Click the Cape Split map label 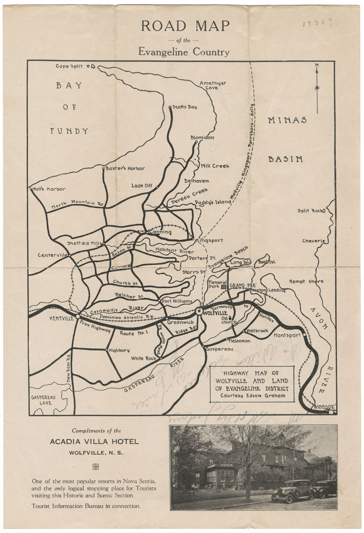pyautogui.click(x=69, y=66)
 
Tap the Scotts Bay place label pyautogui.click(x=184, y=107)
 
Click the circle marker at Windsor pyautogui.click(x=331, y=411)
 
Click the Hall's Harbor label pyautogui.click(x=49, y=189)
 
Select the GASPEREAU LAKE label pyautogui.click(x=43, y=400)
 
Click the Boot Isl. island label pyautogui.click(x=267, y=262)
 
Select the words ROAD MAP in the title pyautogui.click(x=185, y=26)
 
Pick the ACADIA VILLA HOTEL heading pyautogui.click(x=94, y=442)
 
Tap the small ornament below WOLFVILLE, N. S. pyautogui.click(x=95, y=467)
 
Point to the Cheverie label pyautogui.click(x=313, y=241)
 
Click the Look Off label pyautogui.click(x=141, y=186)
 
